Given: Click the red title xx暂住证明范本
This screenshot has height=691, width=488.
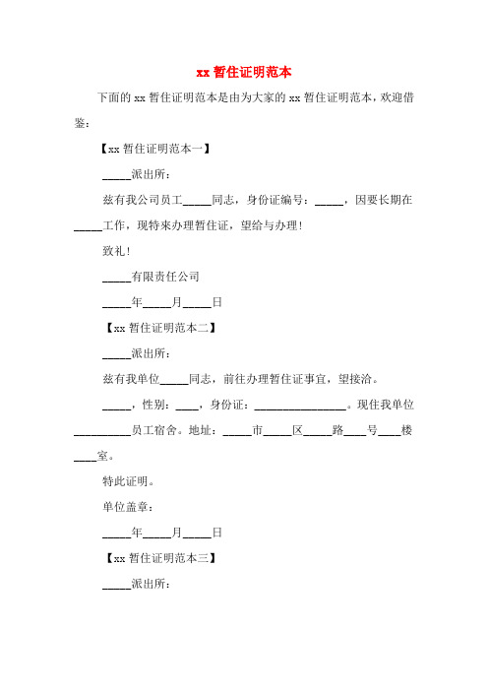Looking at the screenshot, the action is point(243,73).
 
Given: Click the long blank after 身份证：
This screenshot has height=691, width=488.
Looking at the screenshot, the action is point(299,404).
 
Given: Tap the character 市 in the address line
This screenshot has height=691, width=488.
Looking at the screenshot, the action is point(258,429).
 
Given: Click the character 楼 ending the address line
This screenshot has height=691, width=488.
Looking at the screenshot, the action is point(405,429).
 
